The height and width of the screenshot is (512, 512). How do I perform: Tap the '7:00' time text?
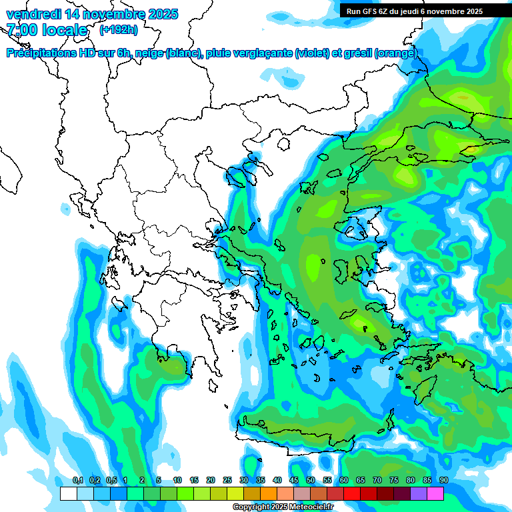pyautogui.click(x=22, y=30)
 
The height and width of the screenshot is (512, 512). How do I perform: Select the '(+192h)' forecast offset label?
pyautogui.click(x=119, y=29)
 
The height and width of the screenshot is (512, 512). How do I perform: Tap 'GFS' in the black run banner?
pyautogui.click(x=371, y=11)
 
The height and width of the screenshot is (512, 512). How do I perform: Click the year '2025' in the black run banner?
pyautogui.click(x=473, y=11)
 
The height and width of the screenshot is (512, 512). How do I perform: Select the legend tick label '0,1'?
pyautogui.click(x=77, y=480)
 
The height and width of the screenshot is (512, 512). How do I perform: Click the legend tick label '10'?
pyautogui.click(x=177, y=480)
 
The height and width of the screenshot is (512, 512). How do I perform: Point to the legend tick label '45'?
pyautogui.click(x=294, y=480)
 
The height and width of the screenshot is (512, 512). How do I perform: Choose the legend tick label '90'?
pyautogui.click(x=443, y=480)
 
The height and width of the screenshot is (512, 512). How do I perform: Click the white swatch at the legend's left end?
pyautogui.click(x=68, y=493)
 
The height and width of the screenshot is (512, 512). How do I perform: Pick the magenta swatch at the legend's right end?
pyautogui.click(x=435, y=493)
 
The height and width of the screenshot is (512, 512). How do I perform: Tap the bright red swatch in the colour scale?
pyautogui.click(x=351, y=493)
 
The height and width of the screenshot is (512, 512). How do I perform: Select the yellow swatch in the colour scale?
pyautogui.click(x=235, y=493)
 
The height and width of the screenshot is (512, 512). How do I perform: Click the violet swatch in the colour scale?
pyautogui.click(x=418, y=493)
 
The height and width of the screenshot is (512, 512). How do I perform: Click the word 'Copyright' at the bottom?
pyautogui.click(x=251, y=507)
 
